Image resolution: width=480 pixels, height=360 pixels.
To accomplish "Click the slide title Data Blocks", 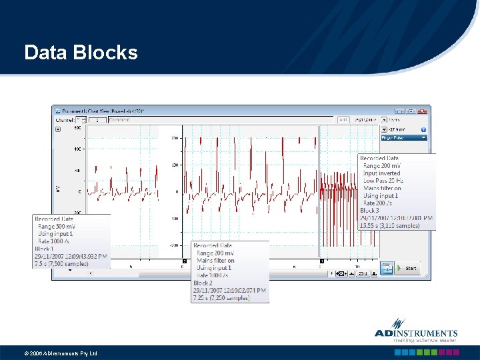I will coord(81,53).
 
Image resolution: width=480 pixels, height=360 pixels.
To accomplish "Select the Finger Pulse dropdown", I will coord(403,137).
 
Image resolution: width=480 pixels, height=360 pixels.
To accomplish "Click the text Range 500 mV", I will coord(56,227).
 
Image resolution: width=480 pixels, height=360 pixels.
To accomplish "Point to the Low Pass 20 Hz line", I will coord(383,181).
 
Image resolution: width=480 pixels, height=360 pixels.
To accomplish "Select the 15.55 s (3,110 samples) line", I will coord(389,225).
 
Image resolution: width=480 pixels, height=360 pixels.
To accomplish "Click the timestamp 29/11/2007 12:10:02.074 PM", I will coord(230,290).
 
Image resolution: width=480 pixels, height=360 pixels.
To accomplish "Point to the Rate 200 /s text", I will coord(378,203).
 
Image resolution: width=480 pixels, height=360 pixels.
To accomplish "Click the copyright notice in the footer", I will coord(61,353).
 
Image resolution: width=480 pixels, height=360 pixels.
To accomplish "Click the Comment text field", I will coord(220,120).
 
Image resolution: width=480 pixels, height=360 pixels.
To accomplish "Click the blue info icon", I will coord(423,129).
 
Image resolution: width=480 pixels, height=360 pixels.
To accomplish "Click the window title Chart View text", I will coord(103,111).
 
